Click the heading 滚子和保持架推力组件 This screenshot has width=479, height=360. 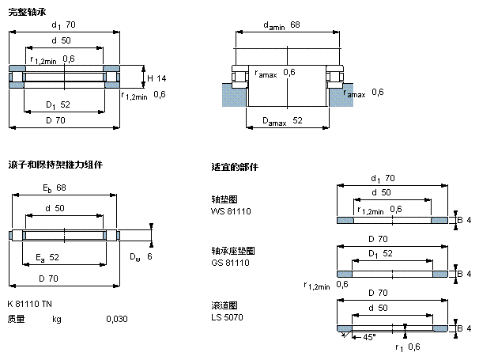point(55,165)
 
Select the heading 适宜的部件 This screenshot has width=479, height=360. point(235,168)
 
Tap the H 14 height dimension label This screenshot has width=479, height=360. point(156,78)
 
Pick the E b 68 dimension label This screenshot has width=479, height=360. point(54,188)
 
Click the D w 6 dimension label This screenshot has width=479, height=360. point(140,257)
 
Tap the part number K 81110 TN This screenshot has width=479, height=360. point(30,304)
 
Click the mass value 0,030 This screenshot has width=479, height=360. point(116,319)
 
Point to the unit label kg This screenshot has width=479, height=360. point(56,319)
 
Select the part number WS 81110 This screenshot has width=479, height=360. point(230,210)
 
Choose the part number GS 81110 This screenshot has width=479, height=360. point(230,262)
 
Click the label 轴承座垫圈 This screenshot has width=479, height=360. point(228,251)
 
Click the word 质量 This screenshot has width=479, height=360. point(16,319)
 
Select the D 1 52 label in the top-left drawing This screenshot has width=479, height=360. point(58,104)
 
